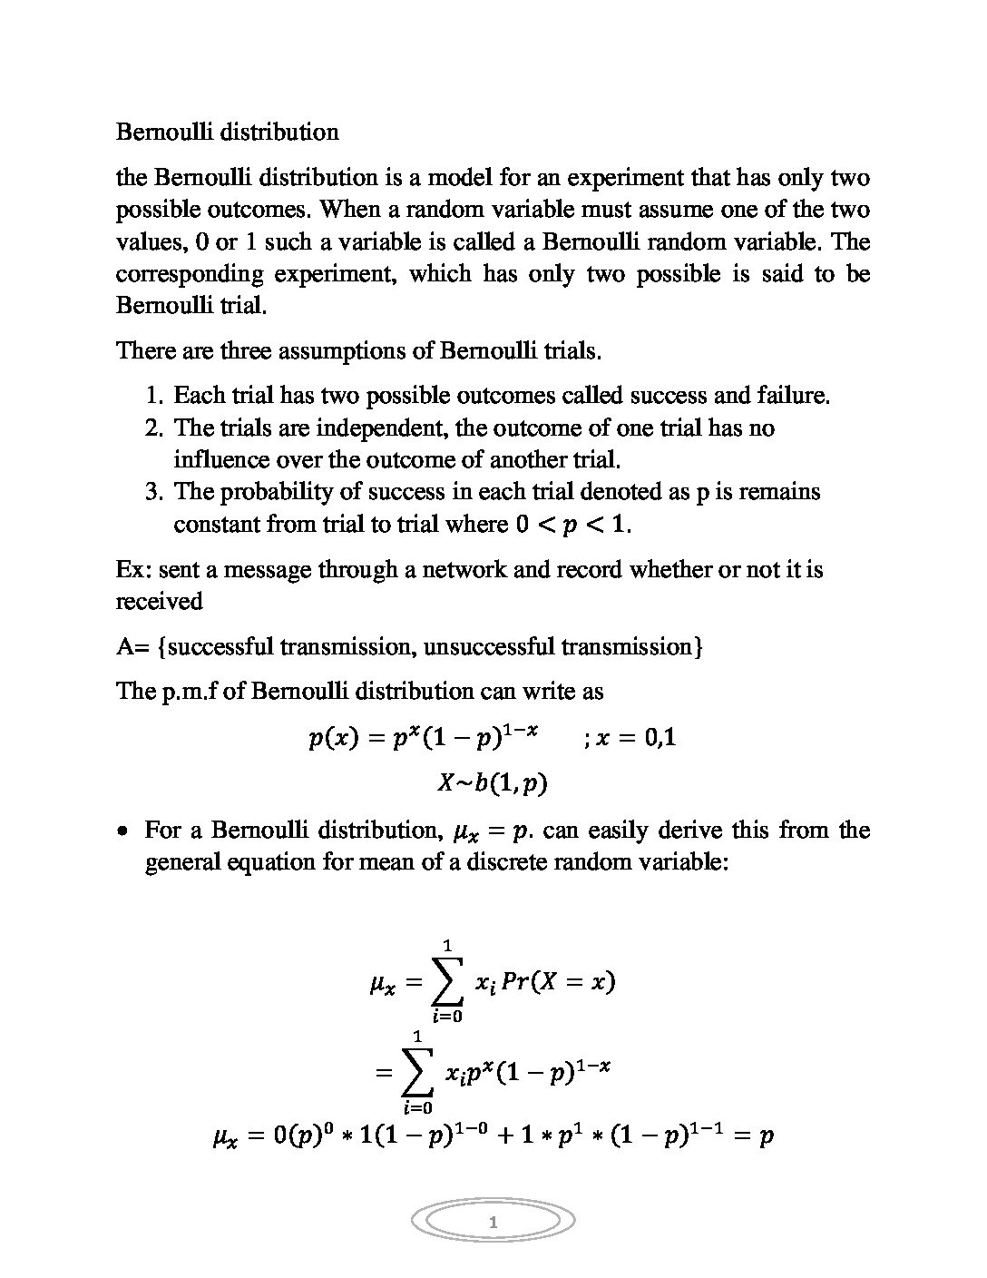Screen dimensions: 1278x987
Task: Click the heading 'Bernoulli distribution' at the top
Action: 227,132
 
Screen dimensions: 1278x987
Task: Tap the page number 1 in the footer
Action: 493,1223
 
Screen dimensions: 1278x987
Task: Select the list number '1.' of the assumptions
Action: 154,396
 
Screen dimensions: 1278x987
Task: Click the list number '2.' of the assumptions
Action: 154,428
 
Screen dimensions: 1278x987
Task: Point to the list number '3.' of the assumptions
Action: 154,492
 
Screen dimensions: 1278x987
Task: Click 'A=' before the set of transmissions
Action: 132,647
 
